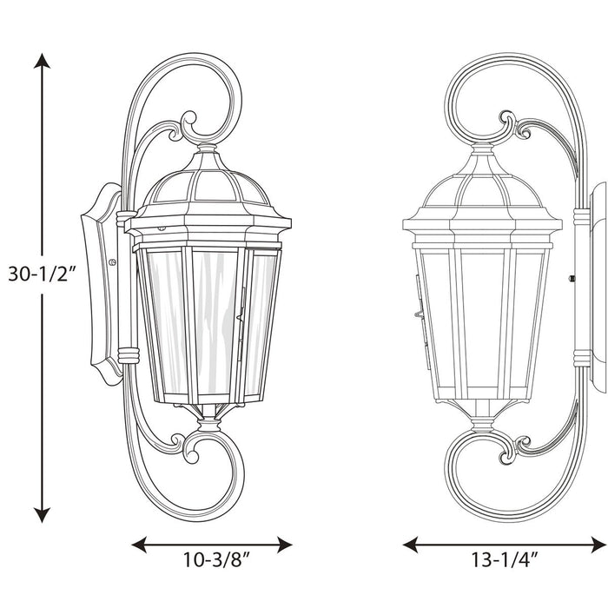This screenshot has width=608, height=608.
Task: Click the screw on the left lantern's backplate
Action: [x=111, y=261]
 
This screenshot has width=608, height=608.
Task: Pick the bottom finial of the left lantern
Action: [x=210, y=424]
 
